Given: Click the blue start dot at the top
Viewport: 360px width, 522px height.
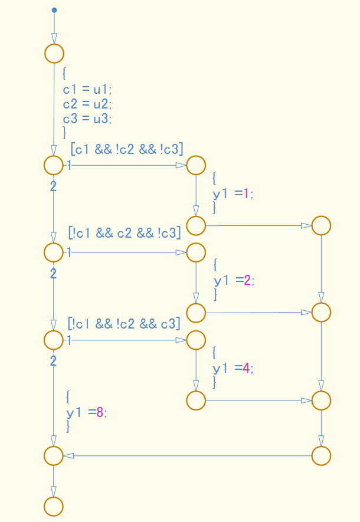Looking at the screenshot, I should click(54, 10).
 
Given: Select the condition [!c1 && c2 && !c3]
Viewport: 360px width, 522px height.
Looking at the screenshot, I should click(124, 233).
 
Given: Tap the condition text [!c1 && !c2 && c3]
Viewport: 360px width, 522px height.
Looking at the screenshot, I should click(124, 323).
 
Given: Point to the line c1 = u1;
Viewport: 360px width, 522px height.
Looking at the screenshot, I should click(87, 89).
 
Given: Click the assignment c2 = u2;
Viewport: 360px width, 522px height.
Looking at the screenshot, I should click(87, 104).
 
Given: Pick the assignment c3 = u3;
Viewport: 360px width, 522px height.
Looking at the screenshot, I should click(87, 118).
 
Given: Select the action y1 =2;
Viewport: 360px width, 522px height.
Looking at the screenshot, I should click(234, 280).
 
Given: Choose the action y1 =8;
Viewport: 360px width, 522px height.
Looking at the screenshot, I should click(86, 412).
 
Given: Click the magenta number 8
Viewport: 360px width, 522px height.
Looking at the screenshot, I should click(100, 412).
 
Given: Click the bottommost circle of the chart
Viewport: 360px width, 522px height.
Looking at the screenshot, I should click(54, 506).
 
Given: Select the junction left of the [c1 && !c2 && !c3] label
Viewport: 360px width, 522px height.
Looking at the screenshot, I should click(54, 165).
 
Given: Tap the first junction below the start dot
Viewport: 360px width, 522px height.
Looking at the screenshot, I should click(54, 53).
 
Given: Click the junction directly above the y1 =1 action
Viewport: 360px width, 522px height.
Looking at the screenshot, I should click(196, 165).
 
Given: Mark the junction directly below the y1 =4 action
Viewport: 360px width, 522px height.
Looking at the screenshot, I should click(196, 400).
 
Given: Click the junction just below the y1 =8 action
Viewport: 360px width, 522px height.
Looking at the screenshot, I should click(54, 455).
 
